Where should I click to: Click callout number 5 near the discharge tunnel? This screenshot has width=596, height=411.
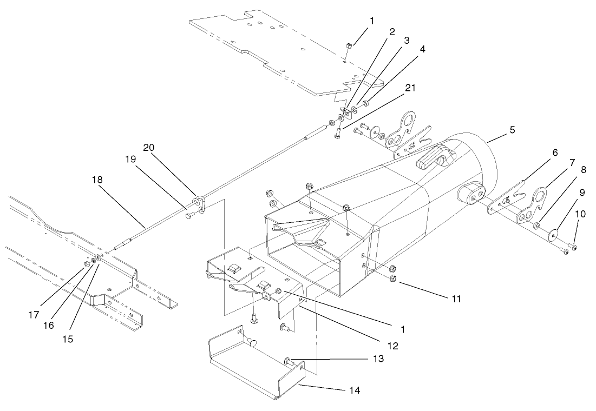[x=512, y=130]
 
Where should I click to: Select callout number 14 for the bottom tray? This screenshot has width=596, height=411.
[x=353, y=389]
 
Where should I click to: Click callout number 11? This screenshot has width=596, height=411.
[x=457, y=298]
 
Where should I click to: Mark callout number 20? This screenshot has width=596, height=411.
[x=149, y=147]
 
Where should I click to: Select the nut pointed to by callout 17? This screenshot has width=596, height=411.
[x=87, y=264]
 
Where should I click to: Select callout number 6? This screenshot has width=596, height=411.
[x=555, y=153]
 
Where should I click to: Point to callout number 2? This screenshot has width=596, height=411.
[x=391, y=32]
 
